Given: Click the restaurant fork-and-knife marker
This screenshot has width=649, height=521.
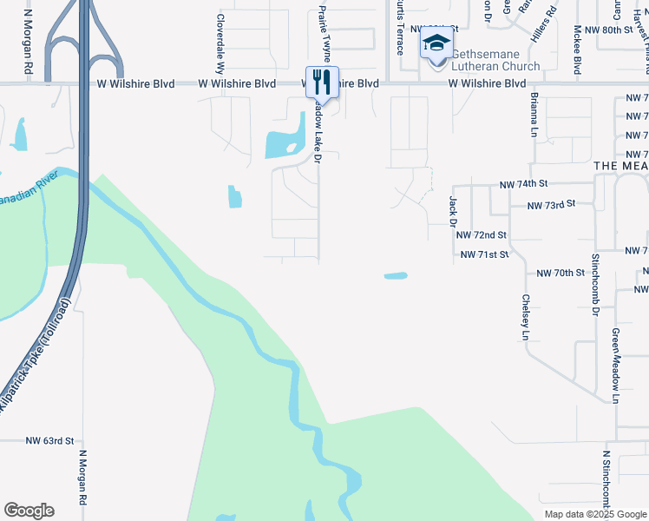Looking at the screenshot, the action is click(x=322, y=82).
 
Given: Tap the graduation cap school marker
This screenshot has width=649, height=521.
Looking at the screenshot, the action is click(x=436, y=43).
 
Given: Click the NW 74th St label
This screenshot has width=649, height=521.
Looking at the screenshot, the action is click(x=525, y=185).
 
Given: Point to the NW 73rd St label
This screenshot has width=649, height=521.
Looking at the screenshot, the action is click(x=552, y=205).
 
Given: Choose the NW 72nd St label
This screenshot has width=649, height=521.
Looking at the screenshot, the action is click(x=481, y=235).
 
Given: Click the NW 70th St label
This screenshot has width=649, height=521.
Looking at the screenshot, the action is click(x=560, y=273).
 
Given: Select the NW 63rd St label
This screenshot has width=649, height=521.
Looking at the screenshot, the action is click(x=50, y=441).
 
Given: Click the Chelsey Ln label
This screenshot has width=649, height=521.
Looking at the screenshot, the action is click(x=525, y=316).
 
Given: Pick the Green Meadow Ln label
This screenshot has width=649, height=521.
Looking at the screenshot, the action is click(x=616, y=366).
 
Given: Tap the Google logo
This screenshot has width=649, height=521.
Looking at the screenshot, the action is click(x=29, y=511).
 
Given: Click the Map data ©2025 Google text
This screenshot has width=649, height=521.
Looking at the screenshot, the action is click(x=594, y=514).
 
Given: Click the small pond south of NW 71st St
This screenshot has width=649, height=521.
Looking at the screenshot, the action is click(x=396, y=277).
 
